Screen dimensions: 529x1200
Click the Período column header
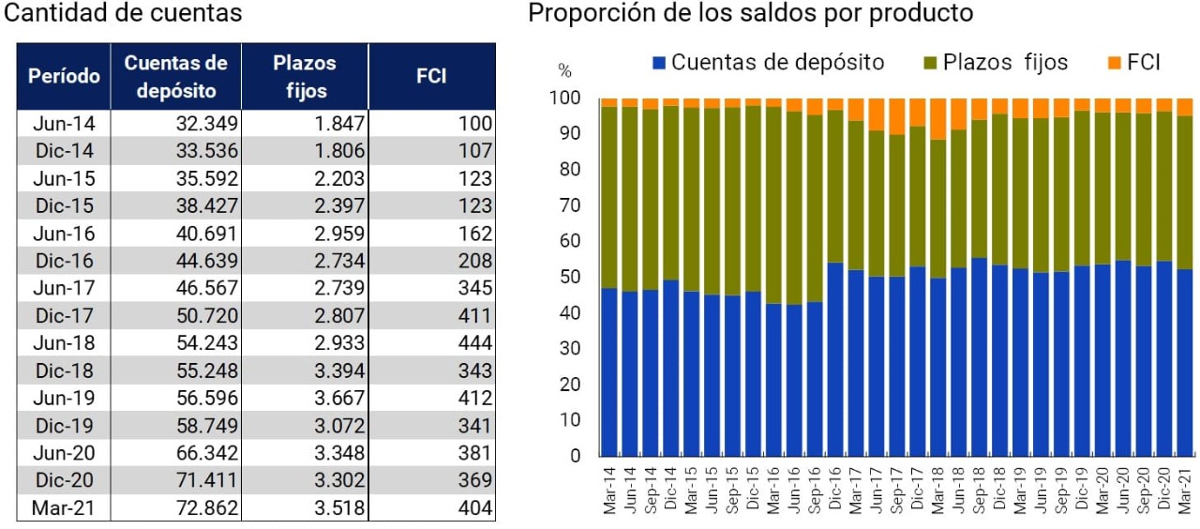(x=64, y=76)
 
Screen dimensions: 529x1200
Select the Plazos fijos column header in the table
(x=305, y=76)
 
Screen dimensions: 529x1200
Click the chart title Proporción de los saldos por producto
(x=750, y=14)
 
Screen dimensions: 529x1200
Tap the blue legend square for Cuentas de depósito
(x=660, y=63)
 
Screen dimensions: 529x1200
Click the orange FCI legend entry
(x=1133, y=63)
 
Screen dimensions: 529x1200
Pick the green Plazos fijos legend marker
(x=931, y=63)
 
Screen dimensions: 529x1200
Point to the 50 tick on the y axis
(x=571, y=277)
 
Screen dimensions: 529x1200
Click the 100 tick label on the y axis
(x=567, y=98)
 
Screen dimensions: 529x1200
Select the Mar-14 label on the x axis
(x=609, y=490)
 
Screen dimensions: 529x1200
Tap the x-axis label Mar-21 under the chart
(x=1185, y=490)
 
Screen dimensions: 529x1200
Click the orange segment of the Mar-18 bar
(x=937, y=118)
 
